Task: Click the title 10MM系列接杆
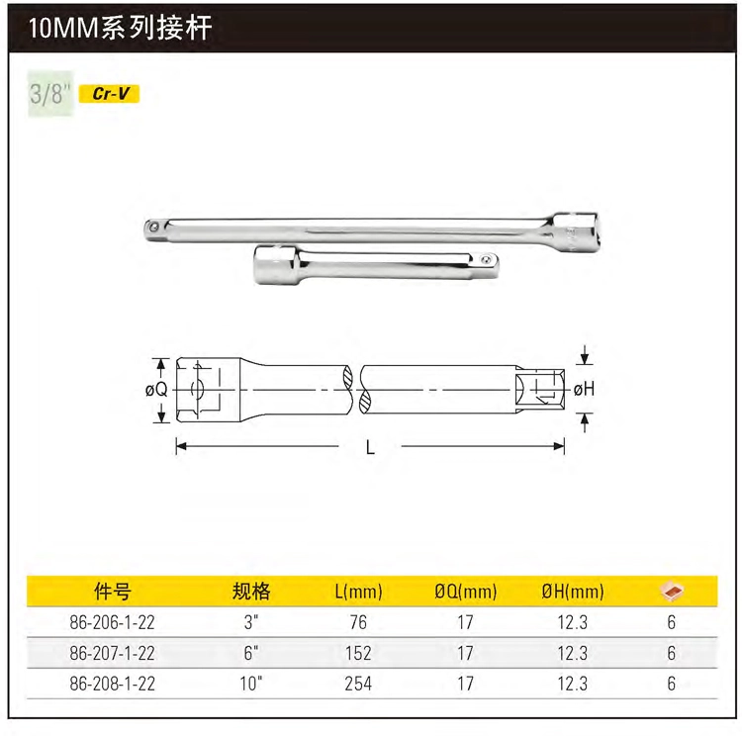coord(120,28)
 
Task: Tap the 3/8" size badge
coord(50,93)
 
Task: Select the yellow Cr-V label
coord(109,94)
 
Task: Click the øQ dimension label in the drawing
coord(156,390)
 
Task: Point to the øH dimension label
coord(584,389)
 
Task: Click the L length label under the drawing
coord(370,447)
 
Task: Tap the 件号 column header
coord(112,592)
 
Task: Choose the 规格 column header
coord(251,592)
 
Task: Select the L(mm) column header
coord(358,592)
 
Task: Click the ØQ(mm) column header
coord(466,592)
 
